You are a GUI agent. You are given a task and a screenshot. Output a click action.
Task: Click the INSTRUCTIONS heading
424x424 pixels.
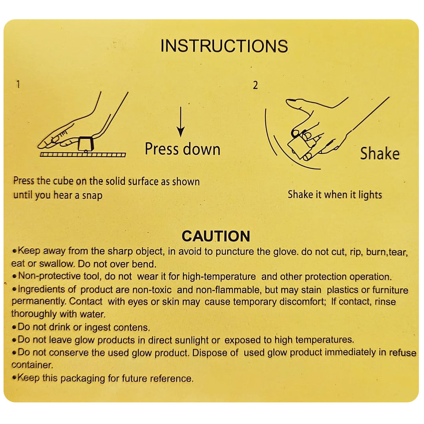pos(224,46)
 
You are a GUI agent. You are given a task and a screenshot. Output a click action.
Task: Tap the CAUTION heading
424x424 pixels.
pos(216,236)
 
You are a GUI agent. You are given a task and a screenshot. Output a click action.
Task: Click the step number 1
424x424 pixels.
pos(18,84)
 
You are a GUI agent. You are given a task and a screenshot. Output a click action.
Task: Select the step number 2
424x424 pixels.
pos(255,85)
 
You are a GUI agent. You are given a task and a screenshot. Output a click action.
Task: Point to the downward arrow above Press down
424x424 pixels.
pos(181,122)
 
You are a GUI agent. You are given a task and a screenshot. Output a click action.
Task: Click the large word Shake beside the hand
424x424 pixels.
pos(380,154)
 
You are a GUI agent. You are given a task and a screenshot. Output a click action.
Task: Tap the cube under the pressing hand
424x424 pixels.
pos(86,144)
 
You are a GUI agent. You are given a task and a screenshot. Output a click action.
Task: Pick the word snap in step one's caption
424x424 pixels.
pos(92,196)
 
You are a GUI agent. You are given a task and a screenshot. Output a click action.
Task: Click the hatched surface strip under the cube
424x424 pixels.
pos(83,155)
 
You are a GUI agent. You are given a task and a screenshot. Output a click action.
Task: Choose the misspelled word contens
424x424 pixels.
pos(132,327)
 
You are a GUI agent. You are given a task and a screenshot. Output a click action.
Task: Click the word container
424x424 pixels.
pos(32,365)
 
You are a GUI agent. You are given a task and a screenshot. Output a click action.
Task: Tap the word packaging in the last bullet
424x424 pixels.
pos(82,378)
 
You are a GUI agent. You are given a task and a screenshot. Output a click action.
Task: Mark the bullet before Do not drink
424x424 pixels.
pos(15,327)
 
